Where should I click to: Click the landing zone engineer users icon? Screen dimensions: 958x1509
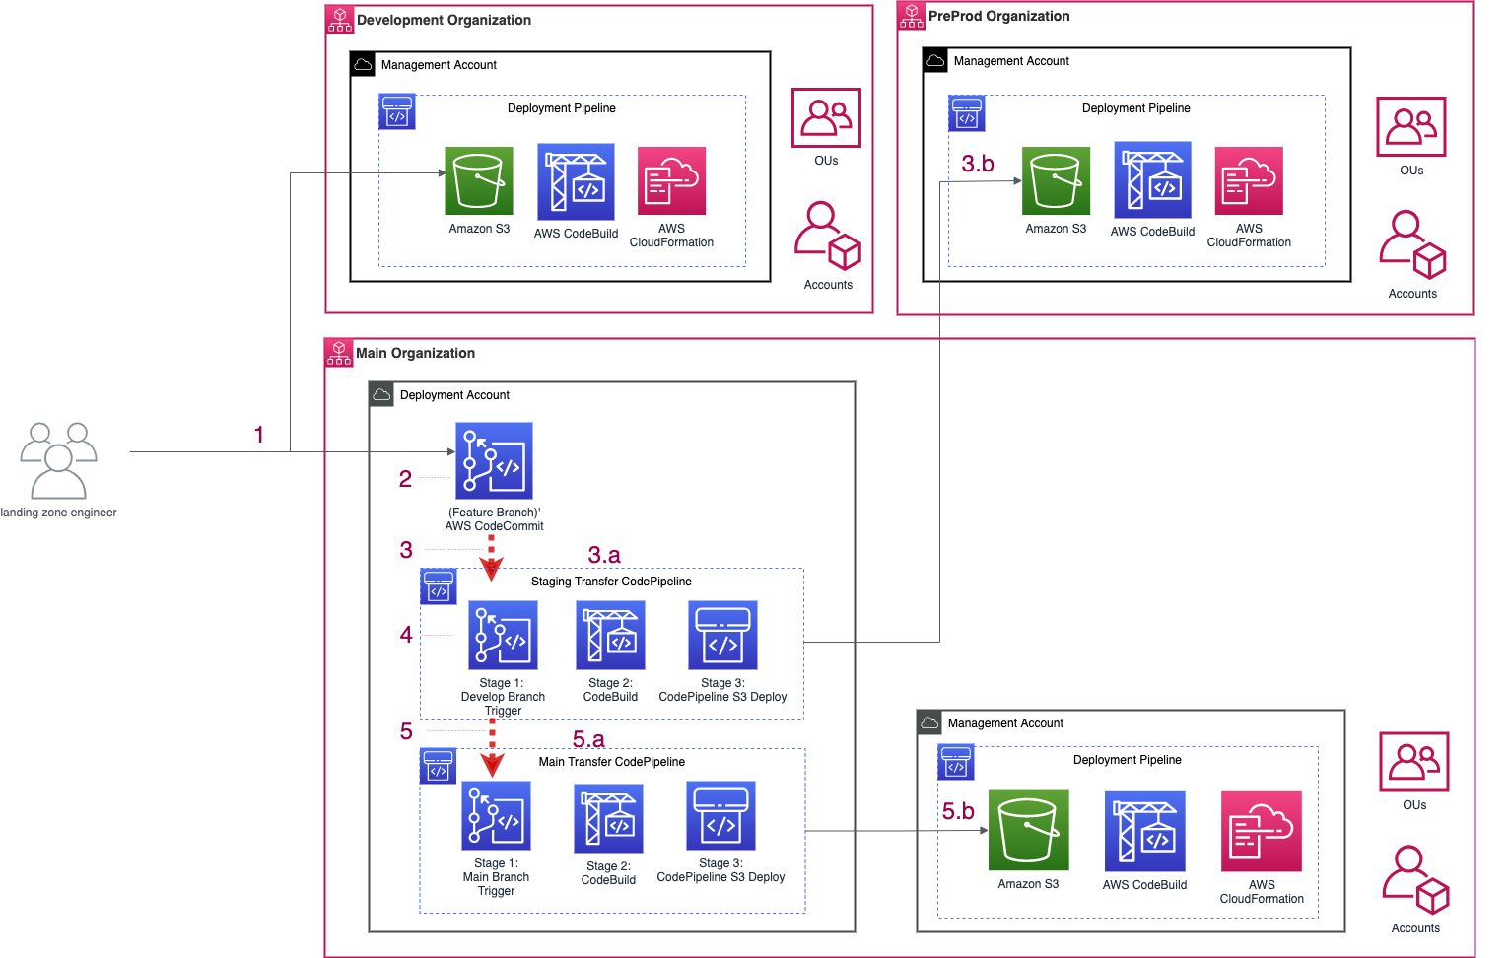coord(58,460)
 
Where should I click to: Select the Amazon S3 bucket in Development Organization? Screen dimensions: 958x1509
coord(479,180)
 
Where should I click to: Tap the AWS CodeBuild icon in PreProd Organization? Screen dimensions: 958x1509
coord(1152,179)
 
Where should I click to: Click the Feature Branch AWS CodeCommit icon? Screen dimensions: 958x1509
coord(494,460)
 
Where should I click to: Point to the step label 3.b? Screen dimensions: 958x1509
coord(978,164)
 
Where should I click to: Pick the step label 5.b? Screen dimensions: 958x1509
coord(958,811)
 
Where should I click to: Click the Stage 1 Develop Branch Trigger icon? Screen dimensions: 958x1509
coord(503,636)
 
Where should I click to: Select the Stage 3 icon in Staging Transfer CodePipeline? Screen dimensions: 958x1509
coord(722,636)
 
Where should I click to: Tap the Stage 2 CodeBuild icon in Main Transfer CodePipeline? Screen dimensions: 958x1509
coord(608,818)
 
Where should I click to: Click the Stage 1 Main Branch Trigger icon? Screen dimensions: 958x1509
coord(496,816)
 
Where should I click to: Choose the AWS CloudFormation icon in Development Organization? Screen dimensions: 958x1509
coord(671,180)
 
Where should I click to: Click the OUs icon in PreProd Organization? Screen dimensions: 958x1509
coord(1410,126)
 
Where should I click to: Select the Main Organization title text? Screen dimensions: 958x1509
coord(415,353)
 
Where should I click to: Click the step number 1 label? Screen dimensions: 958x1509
coord(259,435)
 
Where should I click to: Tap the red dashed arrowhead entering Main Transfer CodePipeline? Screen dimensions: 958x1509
coord(493,764)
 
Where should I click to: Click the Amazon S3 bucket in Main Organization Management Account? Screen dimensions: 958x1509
coord(1028,830)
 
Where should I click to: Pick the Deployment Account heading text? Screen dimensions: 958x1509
coord(454,395)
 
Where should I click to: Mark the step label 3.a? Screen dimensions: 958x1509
coord(604,555)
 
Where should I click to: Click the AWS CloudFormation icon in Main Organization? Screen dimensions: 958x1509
coord(1262,831)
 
